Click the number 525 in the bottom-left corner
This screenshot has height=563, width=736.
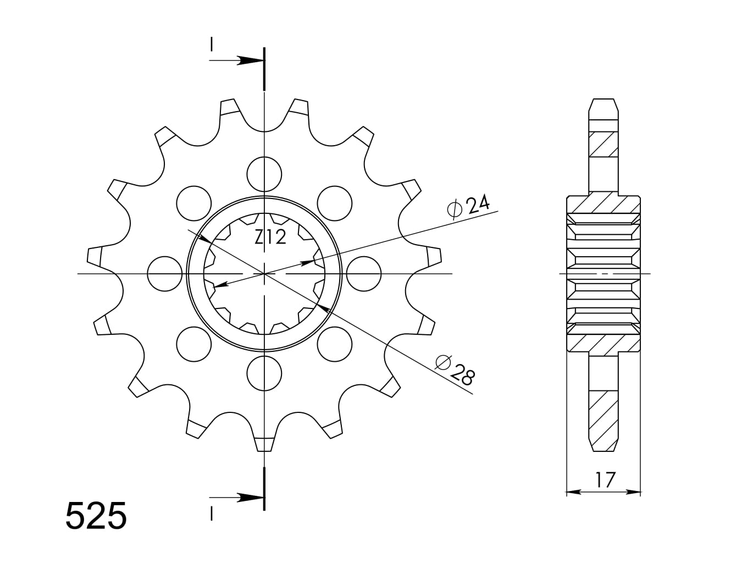(96, 515)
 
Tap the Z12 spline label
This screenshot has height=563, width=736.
(270, 238)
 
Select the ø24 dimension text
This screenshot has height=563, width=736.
(469, 206)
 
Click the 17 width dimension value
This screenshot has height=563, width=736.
(605, 480)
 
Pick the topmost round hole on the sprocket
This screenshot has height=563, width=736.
(264, 174)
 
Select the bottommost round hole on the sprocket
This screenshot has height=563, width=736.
(264, 373)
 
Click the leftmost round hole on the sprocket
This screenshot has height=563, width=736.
(165, 273)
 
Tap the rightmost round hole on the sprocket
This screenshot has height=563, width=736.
(364, 273)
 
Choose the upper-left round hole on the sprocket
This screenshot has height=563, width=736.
(193, 202)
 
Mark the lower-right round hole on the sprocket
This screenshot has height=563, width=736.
(335, 344)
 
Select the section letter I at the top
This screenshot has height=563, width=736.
(211, 45)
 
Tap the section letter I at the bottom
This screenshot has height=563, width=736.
(211, 514)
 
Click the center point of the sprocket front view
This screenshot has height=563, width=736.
(264, 273)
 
